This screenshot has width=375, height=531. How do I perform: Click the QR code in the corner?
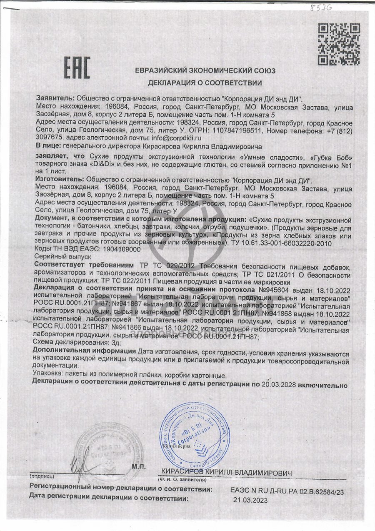[338, 45]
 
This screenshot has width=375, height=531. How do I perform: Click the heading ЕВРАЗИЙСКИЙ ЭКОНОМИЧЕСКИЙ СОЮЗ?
[205, 71]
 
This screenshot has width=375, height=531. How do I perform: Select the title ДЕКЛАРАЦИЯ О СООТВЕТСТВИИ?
[205, 83]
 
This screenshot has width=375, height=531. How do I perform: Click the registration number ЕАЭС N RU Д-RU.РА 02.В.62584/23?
[287, 492]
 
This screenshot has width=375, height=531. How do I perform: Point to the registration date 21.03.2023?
[250, 500]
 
